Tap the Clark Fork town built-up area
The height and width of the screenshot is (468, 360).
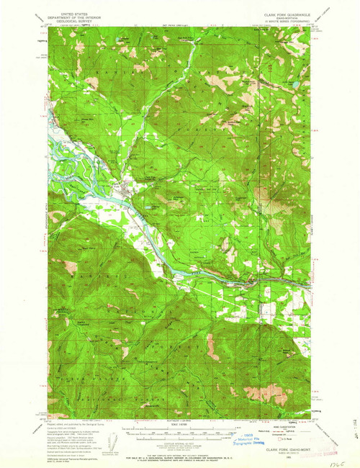128,192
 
